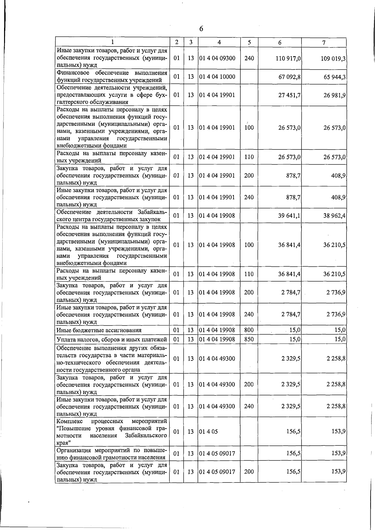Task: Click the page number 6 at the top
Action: tap(201, 29)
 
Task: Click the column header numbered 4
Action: tap(219, 42)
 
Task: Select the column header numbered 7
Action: tap(324, 42)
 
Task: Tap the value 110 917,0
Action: tap(288, 58)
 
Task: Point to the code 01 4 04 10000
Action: tap(217, 77)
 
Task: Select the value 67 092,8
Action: tap(289, 77)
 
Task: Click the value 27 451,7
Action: tap(289, 95)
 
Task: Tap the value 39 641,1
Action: tap(289, 216)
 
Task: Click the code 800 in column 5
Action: tap(249, 330)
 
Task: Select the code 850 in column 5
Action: tap(249, 339)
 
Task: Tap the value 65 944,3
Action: tap(334, 77)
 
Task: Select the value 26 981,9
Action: tap(334, 95)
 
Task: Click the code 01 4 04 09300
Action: tap(217, 58)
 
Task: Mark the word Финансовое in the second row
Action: tap(73, 73)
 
